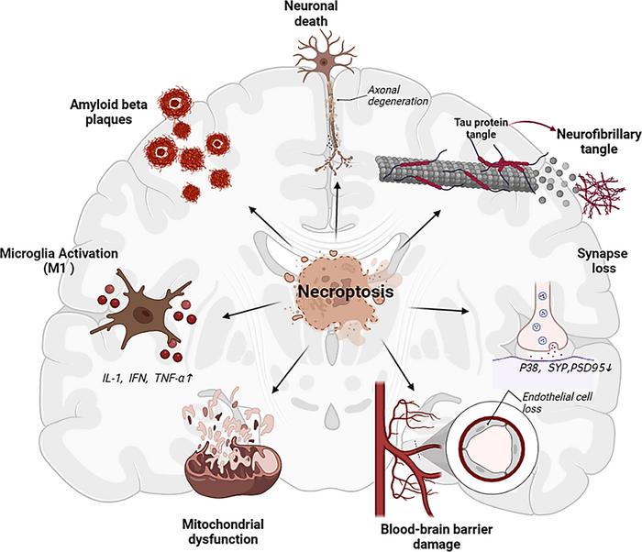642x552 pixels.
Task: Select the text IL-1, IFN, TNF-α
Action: point(147,376)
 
